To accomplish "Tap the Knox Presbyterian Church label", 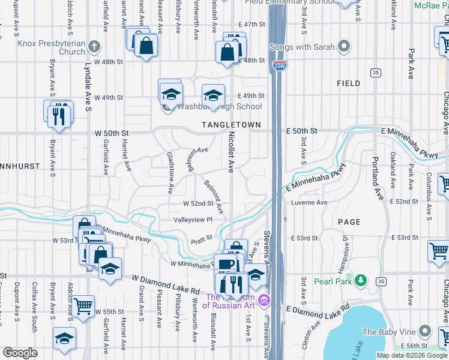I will pos(52,47).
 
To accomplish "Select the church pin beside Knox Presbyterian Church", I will pos(94,46).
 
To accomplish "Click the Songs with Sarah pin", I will pos(344,46).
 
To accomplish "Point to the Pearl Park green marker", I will pos(360,280).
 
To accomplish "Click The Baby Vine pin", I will pos(425,331).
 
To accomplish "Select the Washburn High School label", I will pos(219,107).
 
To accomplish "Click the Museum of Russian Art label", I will pos(230,301).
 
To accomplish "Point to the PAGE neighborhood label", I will pos(349,222).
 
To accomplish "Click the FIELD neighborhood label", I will pos(348,83).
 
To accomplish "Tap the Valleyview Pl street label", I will pos(193,220).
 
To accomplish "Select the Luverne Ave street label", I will pos(309,203).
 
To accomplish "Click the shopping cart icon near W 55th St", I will pos(83,305).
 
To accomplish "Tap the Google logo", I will pos(20,353).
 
